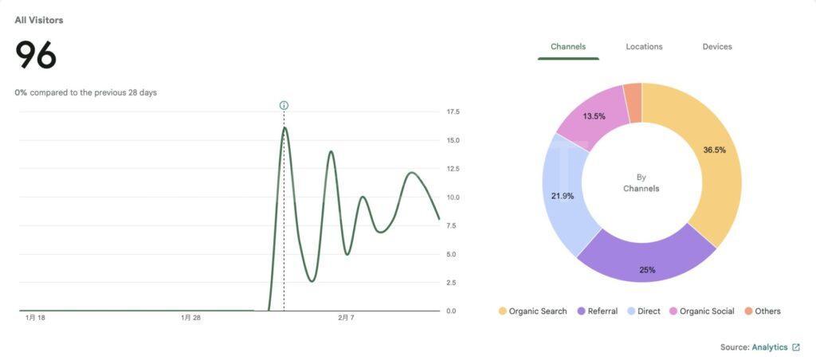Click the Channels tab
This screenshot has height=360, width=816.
[568, 47]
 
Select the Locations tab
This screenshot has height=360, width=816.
[644, 47]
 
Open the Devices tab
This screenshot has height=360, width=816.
[717, 47]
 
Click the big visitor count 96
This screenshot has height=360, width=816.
[36, 56]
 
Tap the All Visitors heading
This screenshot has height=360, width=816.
[39, 20]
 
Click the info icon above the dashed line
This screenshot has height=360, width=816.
[284, 105]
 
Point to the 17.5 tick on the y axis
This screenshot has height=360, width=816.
[453, 112]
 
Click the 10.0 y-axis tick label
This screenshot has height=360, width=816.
[453, 198]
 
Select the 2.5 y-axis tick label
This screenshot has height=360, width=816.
[451, 283]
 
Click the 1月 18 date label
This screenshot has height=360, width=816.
[35, 318]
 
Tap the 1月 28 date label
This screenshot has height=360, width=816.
[190, 318]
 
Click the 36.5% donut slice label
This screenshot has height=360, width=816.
[714, 150]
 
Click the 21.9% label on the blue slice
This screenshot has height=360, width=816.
[563, 196]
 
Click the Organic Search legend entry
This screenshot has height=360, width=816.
[532, 311]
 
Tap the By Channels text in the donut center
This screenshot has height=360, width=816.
[641, 183]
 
